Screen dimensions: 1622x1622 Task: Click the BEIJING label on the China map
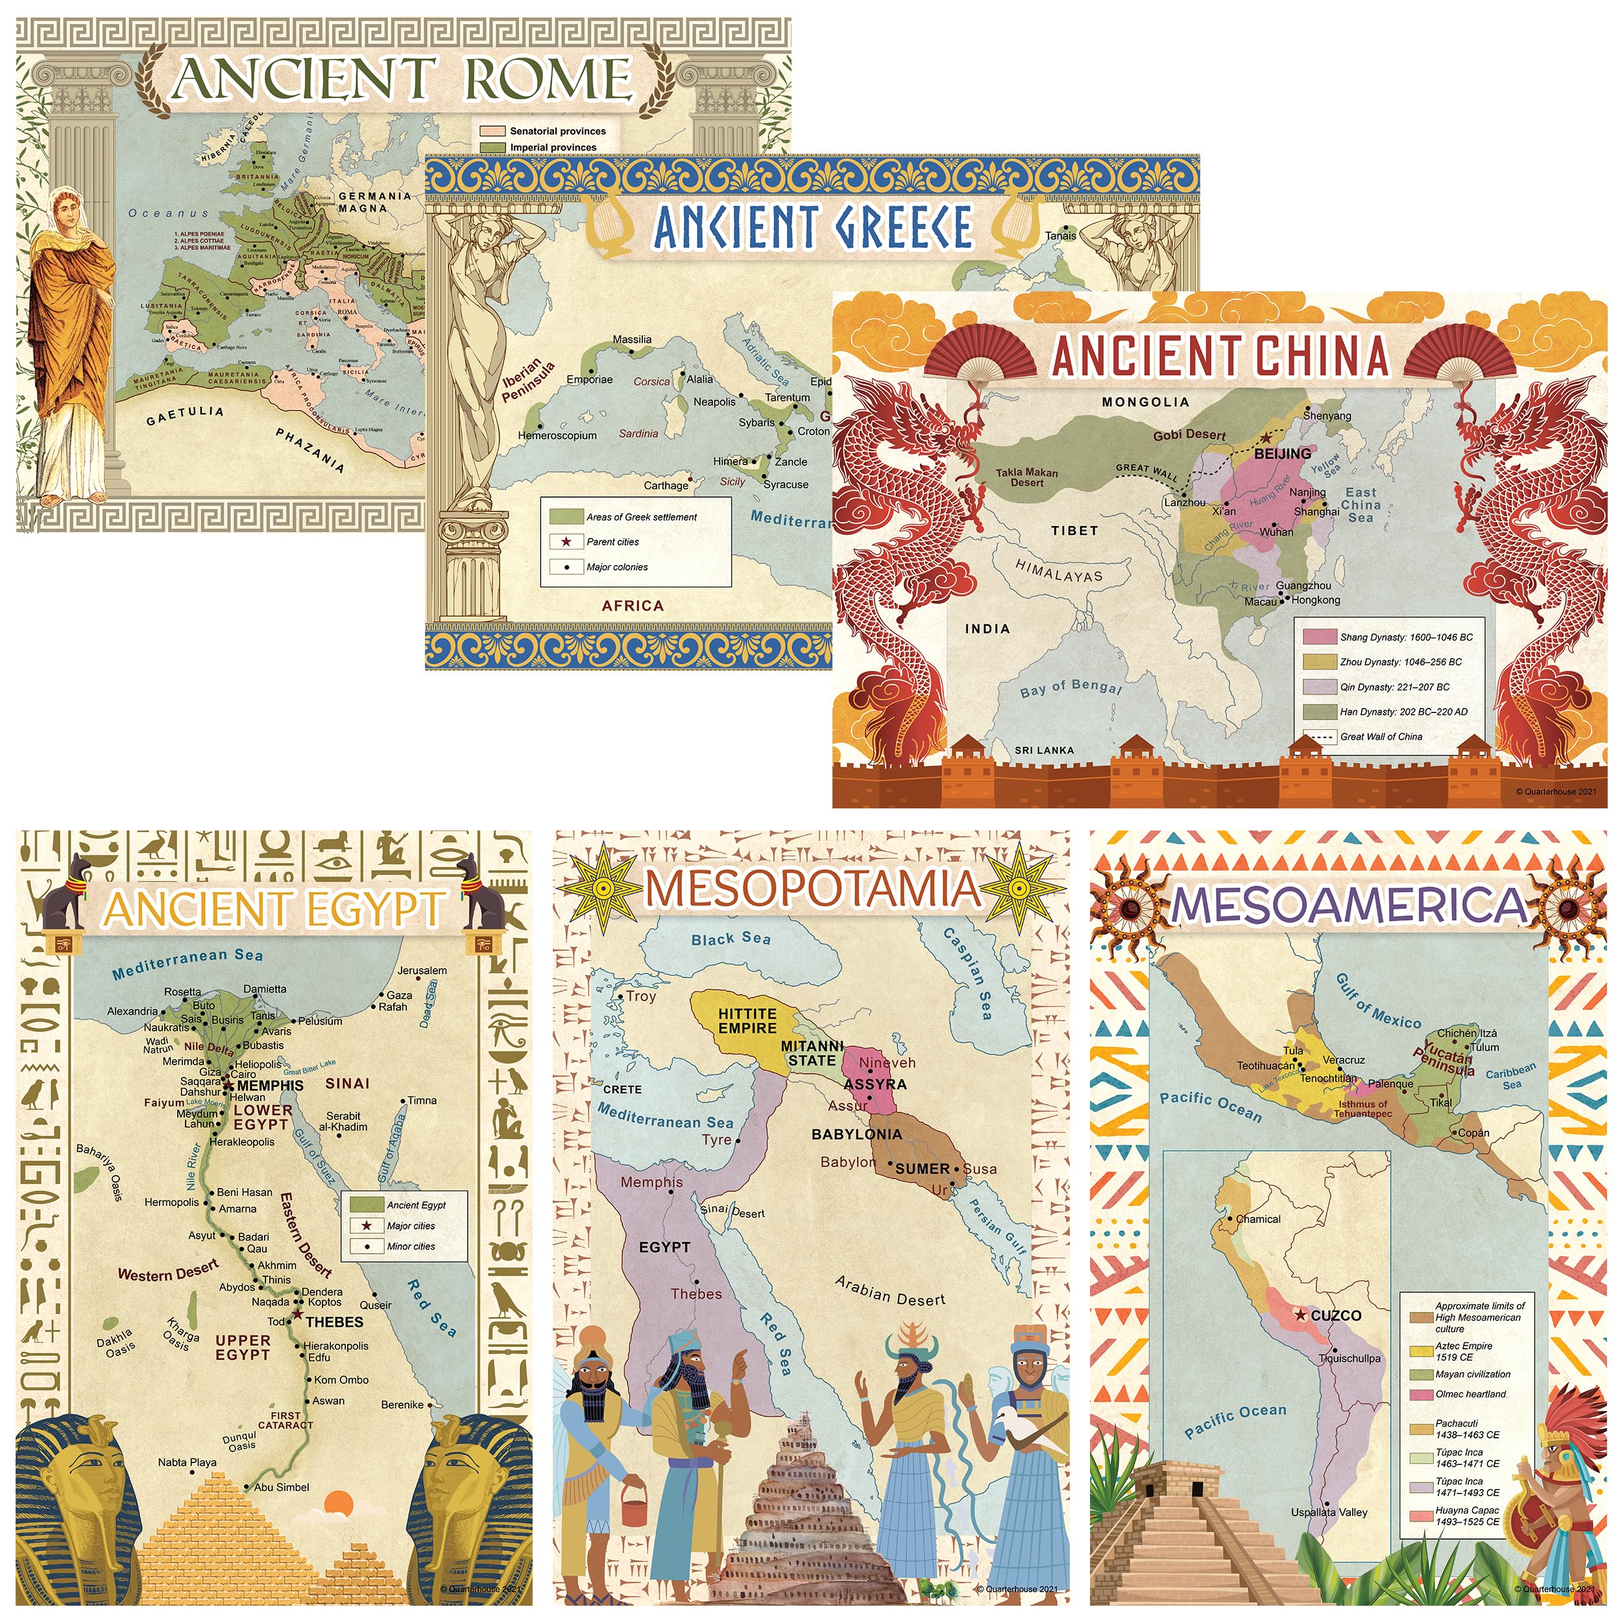point(1282,454)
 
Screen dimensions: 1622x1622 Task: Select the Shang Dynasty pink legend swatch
point(1319,637)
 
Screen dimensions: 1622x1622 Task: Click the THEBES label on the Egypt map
point(334,1322)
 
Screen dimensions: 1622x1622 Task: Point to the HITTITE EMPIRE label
point(747,1021)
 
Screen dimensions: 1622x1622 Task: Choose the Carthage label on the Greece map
point(666,485)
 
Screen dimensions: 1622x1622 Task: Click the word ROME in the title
point(548,79)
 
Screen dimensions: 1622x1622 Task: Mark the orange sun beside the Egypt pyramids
point(338,1503)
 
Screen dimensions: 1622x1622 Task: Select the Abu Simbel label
point(281,1488)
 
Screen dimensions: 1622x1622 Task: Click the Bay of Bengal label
point(1071,688)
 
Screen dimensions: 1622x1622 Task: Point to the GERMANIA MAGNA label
point(374,202)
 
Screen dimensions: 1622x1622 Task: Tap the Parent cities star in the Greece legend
point(566,542)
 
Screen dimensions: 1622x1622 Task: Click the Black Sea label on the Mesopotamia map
point(731,939)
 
